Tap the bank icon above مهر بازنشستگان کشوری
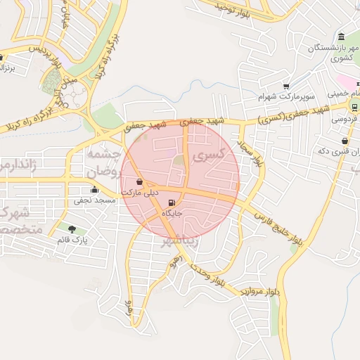341,37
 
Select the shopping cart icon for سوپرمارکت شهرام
287,85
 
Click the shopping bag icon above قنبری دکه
344,141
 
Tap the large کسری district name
211,154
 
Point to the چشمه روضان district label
103,161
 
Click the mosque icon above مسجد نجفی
94,189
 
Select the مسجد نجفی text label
94,200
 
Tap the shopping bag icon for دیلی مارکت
139,182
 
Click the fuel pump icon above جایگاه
172,203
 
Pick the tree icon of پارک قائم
72,229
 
